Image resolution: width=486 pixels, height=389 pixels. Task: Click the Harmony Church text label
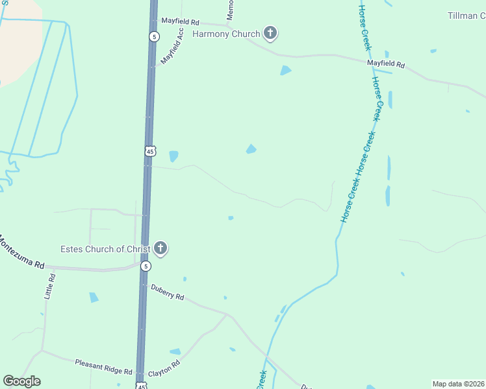[226, 34]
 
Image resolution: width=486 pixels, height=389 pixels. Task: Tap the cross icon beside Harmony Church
[270, 34]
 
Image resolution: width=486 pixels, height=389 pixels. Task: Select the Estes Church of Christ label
[105, 249]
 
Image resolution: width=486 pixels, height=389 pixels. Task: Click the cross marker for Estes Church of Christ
[160, 249]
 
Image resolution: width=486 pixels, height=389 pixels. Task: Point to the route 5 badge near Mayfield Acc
[153, 37]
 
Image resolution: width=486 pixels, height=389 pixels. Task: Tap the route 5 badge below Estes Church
[146, 266]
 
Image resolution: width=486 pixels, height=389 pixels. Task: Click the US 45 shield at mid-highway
[150, 151]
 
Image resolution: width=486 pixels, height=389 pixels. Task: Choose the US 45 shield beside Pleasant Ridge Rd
[142, 386]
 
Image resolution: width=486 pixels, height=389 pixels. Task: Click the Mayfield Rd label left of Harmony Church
[180, 22]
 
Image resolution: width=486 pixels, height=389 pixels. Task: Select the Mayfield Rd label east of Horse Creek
[386, 65]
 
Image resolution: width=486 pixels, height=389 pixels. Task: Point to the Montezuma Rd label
[21, 252]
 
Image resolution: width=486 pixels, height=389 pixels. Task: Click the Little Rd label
[50, 286]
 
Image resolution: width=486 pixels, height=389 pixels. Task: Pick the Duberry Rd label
[168, 292]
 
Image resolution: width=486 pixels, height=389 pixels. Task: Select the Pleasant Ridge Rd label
[103, 367]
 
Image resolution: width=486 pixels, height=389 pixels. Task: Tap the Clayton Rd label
[163, 369]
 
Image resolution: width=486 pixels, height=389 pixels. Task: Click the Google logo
[21, 381]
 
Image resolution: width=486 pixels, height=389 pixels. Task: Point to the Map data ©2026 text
[459, 384]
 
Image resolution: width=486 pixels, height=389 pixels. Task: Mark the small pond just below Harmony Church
[285, 70]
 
